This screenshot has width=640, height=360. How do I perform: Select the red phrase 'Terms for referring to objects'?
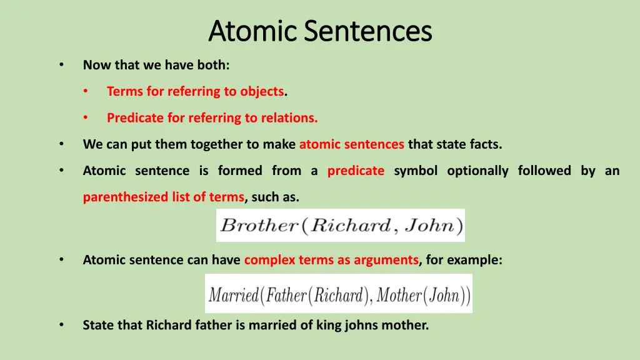tap(195, 91)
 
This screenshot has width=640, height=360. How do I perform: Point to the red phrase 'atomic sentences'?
tap(351, 144)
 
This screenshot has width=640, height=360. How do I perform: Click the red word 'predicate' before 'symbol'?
tap(356, 171)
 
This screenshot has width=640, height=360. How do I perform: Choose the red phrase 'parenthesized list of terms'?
tap(163, 197)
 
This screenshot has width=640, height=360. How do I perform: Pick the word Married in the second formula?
tap(233, 294)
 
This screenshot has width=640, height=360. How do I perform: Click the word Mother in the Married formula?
tap(399, 294)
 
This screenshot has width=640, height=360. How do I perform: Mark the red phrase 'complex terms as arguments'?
tap(331, 260)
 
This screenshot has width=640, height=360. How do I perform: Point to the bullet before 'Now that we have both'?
tap(61, 64)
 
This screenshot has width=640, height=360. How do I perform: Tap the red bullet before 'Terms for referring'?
tap(86, 91)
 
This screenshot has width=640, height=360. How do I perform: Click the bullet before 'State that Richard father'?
tap(61, 325)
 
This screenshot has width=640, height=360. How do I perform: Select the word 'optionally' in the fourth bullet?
tap(477, 171)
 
